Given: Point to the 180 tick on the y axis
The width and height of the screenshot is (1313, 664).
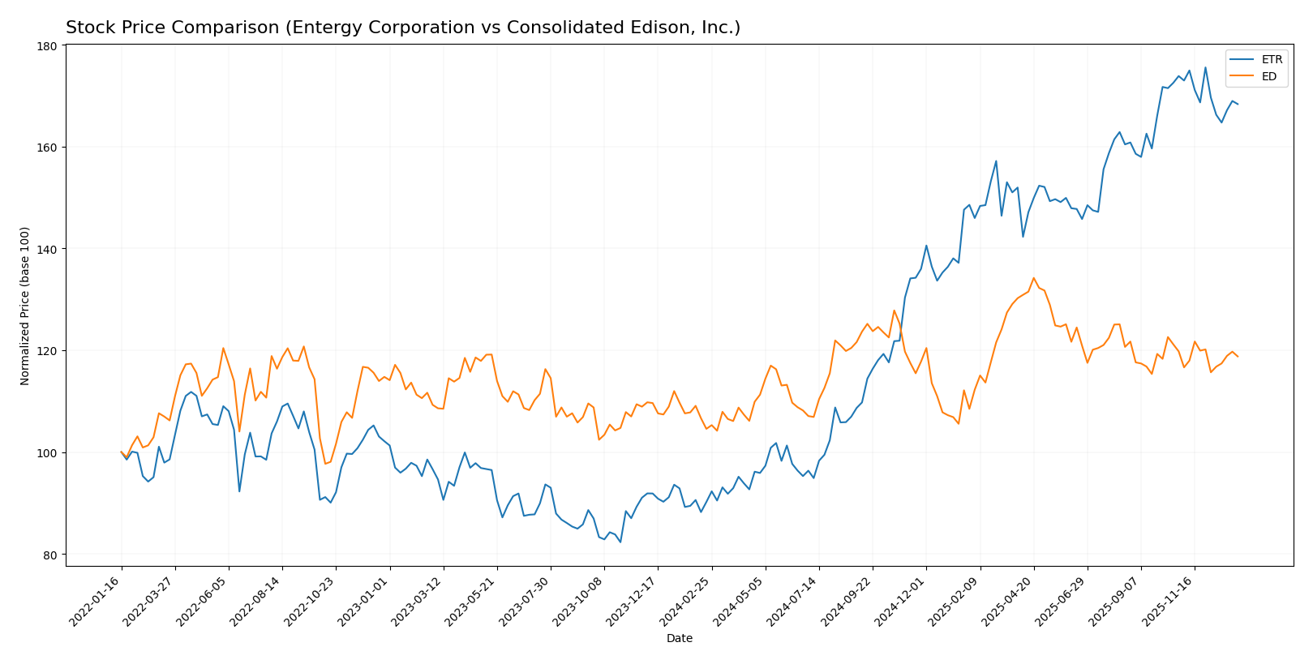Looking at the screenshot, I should tap(47, 46).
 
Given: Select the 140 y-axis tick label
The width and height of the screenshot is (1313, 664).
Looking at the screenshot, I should tap(47, 249).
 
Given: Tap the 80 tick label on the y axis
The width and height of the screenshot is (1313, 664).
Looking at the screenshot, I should tap(49, 555).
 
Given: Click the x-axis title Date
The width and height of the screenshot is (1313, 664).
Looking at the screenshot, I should tap(679, 639).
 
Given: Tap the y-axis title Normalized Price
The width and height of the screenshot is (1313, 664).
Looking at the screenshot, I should tap(25, 306).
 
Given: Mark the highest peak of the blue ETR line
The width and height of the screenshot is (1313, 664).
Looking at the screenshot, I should tap(1205, 67).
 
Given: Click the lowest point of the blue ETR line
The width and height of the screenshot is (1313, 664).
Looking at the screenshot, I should tap(620, 542).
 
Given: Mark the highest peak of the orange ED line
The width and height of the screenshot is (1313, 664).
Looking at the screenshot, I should tap(1033, 278).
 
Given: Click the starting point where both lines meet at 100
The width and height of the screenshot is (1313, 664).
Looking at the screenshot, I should tap(122, 452).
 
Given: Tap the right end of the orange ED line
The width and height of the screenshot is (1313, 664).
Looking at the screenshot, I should tap(1238, 357).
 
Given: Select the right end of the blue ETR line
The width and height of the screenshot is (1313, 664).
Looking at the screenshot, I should tap(1238, 104).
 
